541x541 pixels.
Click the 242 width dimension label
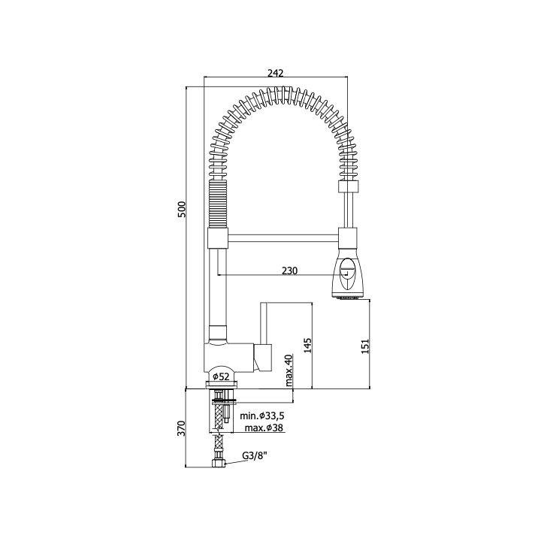(275, 73)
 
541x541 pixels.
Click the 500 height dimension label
(182, 209)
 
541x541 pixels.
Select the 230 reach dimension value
(289, 270)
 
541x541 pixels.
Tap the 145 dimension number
(307, 346)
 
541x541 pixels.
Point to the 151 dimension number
(365, 346)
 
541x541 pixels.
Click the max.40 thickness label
(289, 370)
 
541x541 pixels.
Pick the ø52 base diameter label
(221, 376)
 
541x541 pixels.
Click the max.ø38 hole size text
(264, 428)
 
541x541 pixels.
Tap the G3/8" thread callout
(255, 456)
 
